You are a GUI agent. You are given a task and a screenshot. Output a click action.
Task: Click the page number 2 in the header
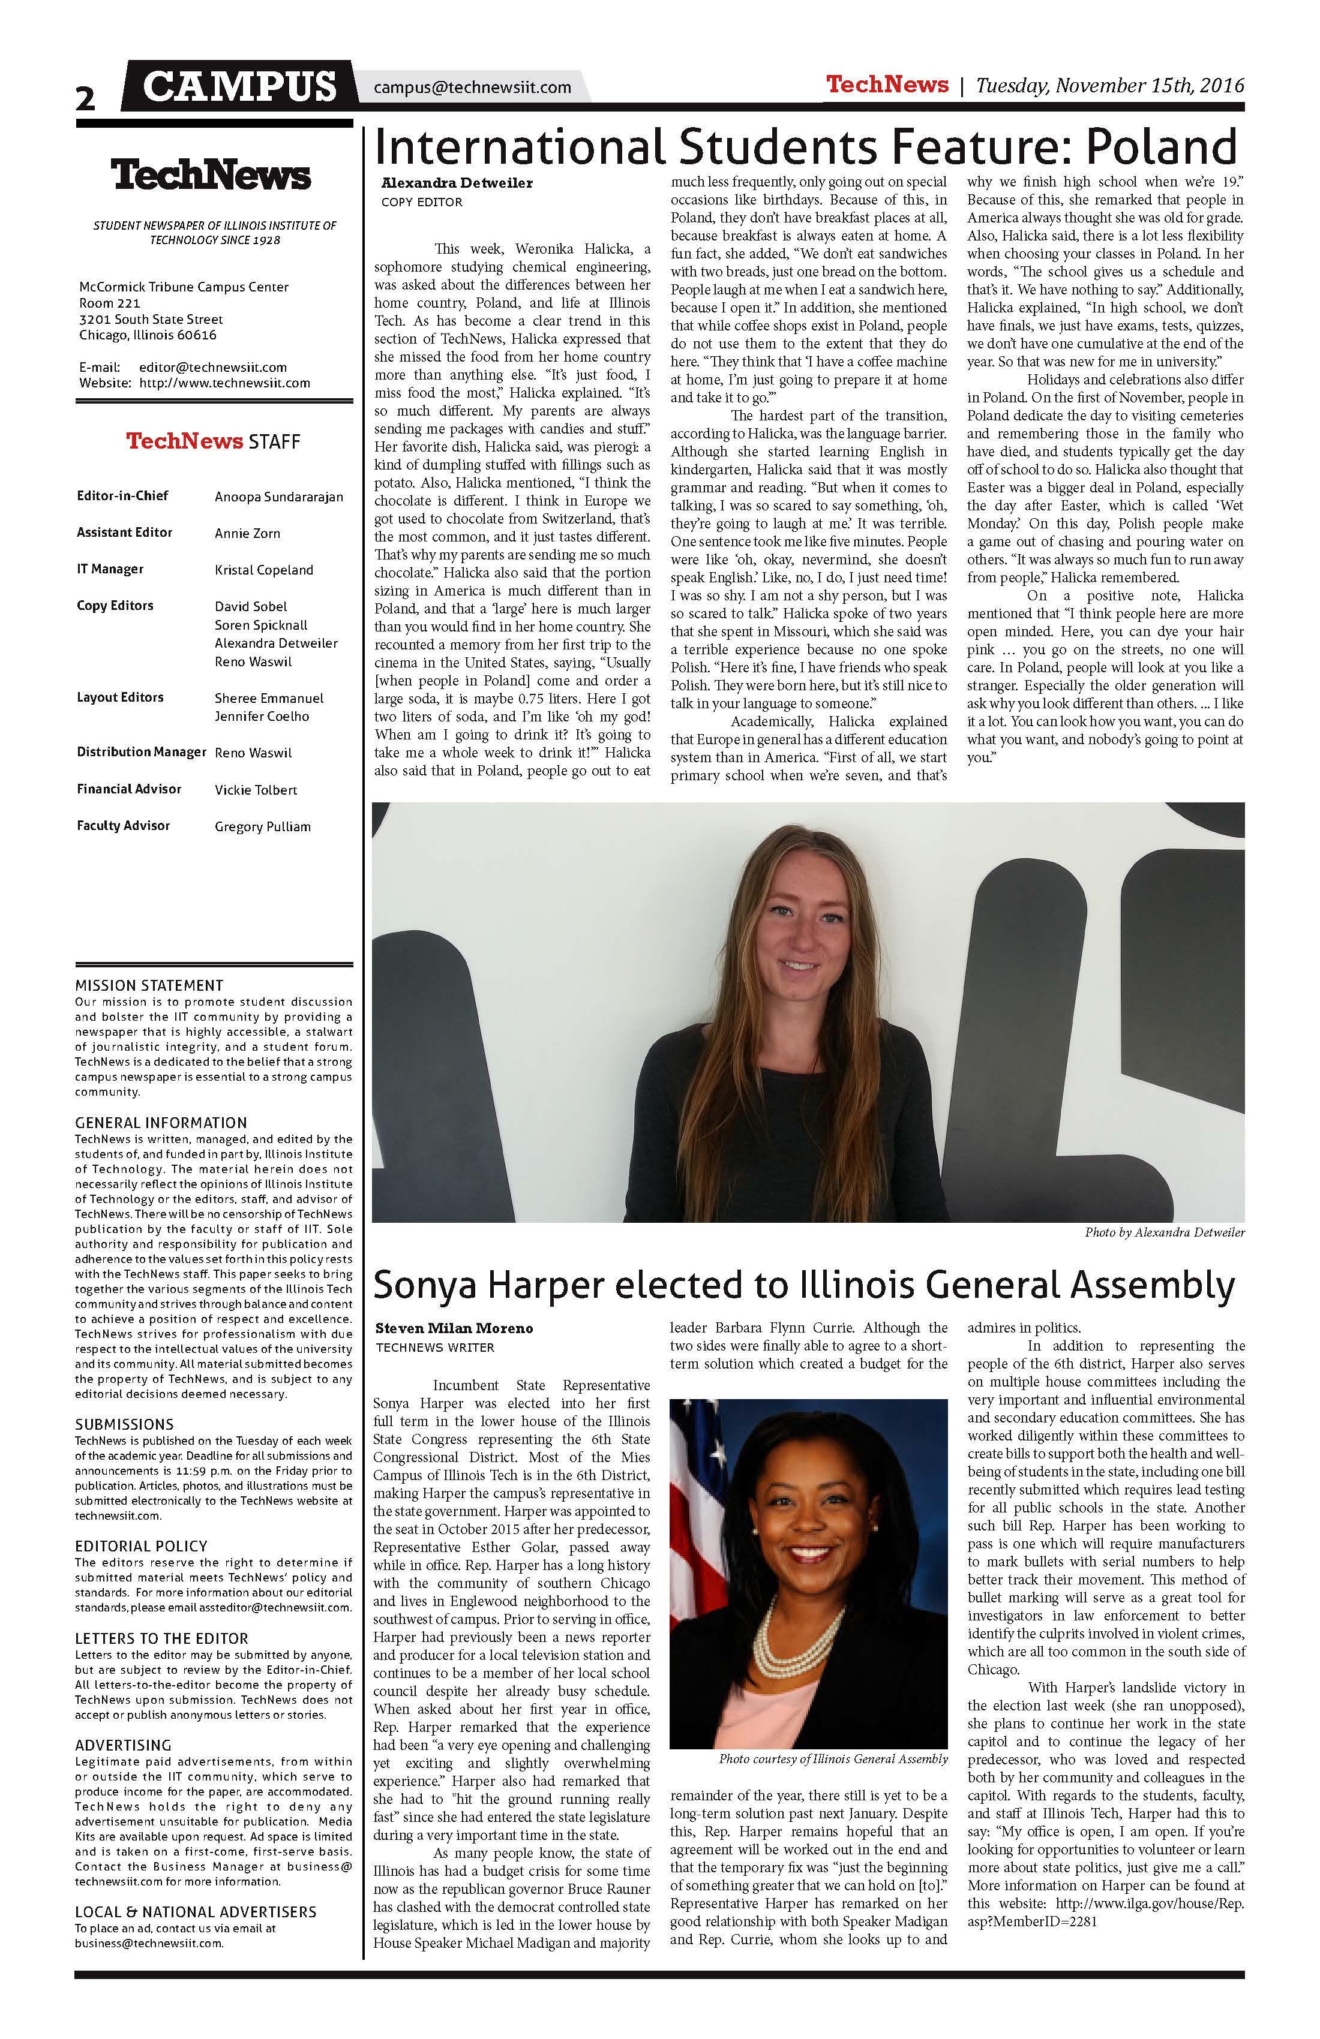(x=86, y=98)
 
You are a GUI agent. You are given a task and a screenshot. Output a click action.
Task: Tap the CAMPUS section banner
(x=239, y=86)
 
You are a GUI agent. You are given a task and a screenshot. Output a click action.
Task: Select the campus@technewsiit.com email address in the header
(x=472, y=88)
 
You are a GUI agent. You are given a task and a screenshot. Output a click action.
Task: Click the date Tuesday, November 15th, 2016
(x=1109, y=86)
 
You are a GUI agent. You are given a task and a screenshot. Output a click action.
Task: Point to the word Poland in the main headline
(x=1162, y=148)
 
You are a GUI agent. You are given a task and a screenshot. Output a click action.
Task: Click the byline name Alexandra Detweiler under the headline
(x=457, y=182)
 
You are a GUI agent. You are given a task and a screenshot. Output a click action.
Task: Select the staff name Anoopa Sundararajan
(x=278, y=497)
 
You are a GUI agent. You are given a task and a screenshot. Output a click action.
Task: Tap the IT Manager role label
(x=110, y=569)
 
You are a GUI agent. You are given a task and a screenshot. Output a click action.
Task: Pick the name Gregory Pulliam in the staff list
(x=262, y=827)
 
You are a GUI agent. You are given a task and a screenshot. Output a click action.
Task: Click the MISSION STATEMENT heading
(x=149, y=985)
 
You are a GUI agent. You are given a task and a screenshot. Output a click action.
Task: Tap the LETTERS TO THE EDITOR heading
(x=161, y=1638)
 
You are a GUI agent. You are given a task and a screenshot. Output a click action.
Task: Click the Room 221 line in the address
(x=110, y=303)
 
